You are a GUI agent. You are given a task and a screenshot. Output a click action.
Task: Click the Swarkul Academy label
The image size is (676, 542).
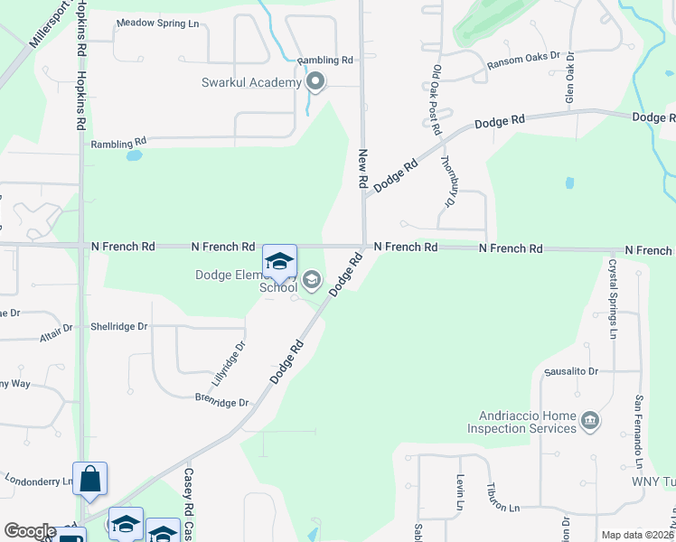(250, 83)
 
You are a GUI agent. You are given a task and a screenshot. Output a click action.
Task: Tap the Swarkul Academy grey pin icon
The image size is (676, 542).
(315, 83)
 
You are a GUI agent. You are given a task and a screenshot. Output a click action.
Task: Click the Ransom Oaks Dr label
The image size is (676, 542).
(523, 62)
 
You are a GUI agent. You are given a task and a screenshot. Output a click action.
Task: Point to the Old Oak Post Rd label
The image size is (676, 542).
(436, 95)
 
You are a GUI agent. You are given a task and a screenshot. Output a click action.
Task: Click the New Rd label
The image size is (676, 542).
(363, 169)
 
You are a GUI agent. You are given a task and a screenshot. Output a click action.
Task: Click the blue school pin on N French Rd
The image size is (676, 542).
(279, 261)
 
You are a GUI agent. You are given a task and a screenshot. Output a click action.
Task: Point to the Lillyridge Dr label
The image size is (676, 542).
(239, 359)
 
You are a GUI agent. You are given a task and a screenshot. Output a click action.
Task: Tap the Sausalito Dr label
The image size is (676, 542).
(570, 371)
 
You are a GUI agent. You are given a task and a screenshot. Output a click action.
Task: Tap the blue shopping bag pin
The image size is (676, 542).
(90, 480)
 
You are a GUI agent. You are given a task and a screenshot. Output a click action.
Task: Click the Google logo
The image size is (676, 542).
(30, 530)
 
